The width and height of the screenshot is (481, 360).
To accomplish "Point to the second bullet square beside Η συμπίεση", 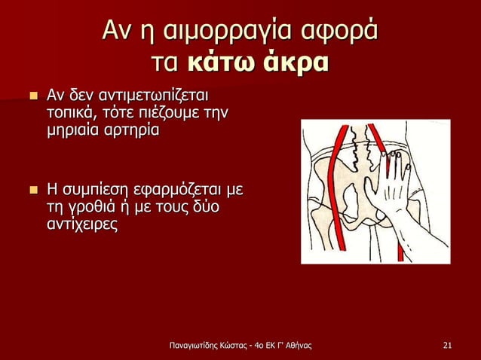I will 32,188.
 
